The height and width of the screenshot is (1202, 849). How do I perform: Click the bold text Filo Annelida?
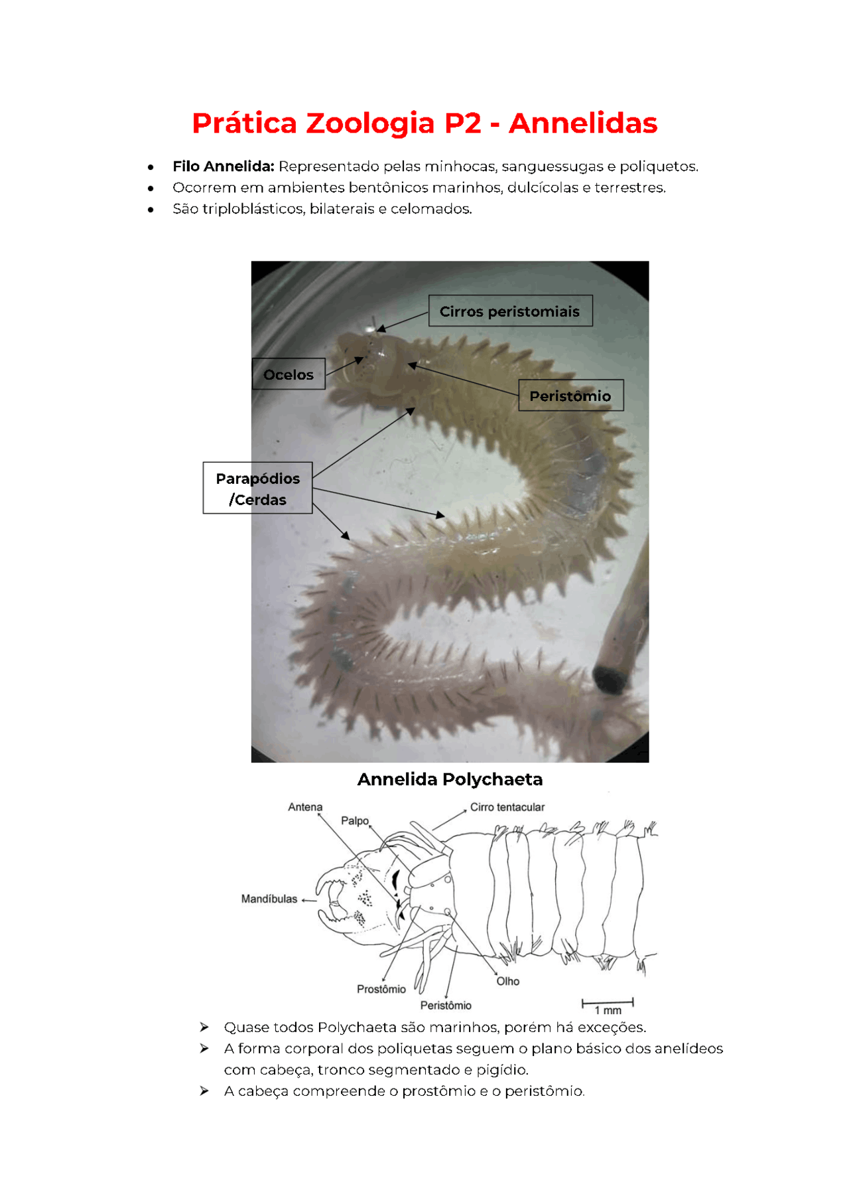click(x=223, y=167)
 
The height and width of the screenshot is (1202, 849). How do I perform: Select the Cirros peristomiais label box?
click(x=509, y=311)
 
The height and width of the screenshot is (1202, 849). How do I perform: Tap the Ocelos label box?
click(x=288, y=374)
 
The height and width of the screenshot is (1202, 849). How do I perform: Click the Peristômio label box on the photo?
click(x=570, y=396)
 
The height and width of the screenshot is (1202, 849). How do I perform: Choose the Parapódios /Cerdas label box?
click(x=257, y=488)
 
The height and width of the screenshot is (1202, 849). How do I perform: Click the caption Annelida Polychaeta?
click(x=450, y=779)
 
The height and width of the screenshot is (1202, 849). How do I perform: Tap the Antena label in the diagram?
click(x=305, y=807)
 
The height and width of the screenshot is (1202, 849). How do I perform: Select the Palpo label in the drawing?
click(x=354, y=821)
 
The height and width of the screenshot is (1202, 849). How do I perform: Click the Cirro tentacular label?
click(x=507, y=807)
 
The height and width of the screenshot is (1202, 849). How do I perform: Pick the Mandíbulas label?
click(x=269, y=899)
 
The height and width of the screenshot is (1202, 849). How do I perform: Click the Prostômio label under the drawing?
click(x=381, y=989)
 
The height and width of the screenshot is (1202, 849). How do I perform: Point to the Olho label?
click(x=507, y=981)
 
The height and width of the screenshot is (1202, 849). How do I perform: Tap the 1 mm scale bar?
click(x=608, y=1003)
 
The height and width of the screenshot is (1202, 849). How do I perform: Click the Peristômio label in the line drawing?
click(x=446, y=1006)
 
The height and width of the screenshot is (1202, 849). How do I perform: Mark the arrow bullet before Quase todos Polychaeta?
click(x=204, y=1027)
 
